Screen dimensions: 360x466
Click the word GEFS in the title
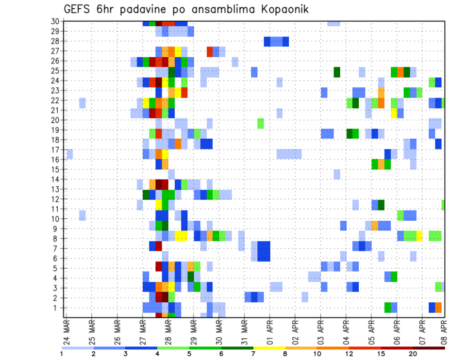click(x=79, y=9)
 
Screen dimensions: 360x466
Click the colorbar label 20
click(x=413, y=354)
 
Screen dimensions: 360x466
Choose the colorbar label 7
click(x=253, y=354)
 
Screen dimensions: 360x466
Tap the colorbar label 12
click(x=349, y=354)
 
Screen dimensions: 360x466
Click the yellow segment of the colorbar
click(x=269, y=347)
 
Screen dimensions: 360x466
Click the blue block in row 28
click(x=276, y=41)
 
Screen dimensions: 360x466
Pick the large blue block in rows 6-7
click(x=264, y=251)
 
